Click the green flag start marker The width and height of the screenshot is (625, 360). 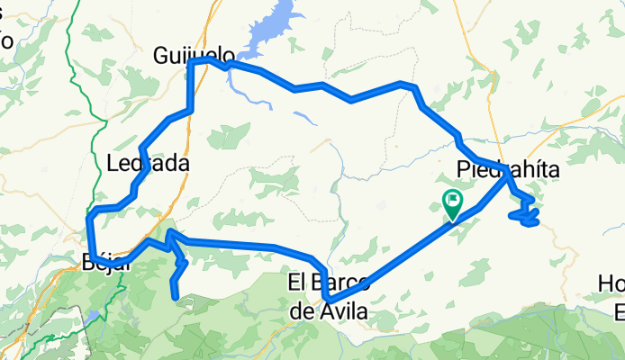click(452, 203)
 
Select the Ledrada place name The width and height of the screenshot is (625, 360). click(148, 164)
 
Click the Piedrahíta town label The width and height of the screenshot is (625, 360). click(508, 168)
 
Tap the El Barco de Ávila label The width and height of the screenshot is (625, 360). click(328, 296)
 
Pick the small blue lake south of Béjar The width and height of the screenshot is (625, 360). click(93, 316)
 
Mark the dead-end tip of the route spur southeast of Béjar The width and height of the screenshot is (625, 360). click(174, 296)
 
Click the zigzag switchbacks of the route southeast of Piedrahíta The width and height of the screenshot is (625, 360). click(525, 212)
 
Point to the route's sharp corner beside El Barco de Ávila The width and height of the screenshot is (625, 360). click(328, 301)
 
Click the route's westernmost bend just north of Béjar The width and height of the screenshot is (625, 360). click(88, 216)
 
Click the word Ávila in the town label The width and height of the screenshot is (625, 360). click(343, 310)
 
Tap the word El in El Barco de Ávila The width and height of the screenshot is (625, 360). click(297, 283)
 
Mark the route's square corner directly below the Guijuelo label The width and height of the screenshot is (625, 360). click(189, 64)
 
